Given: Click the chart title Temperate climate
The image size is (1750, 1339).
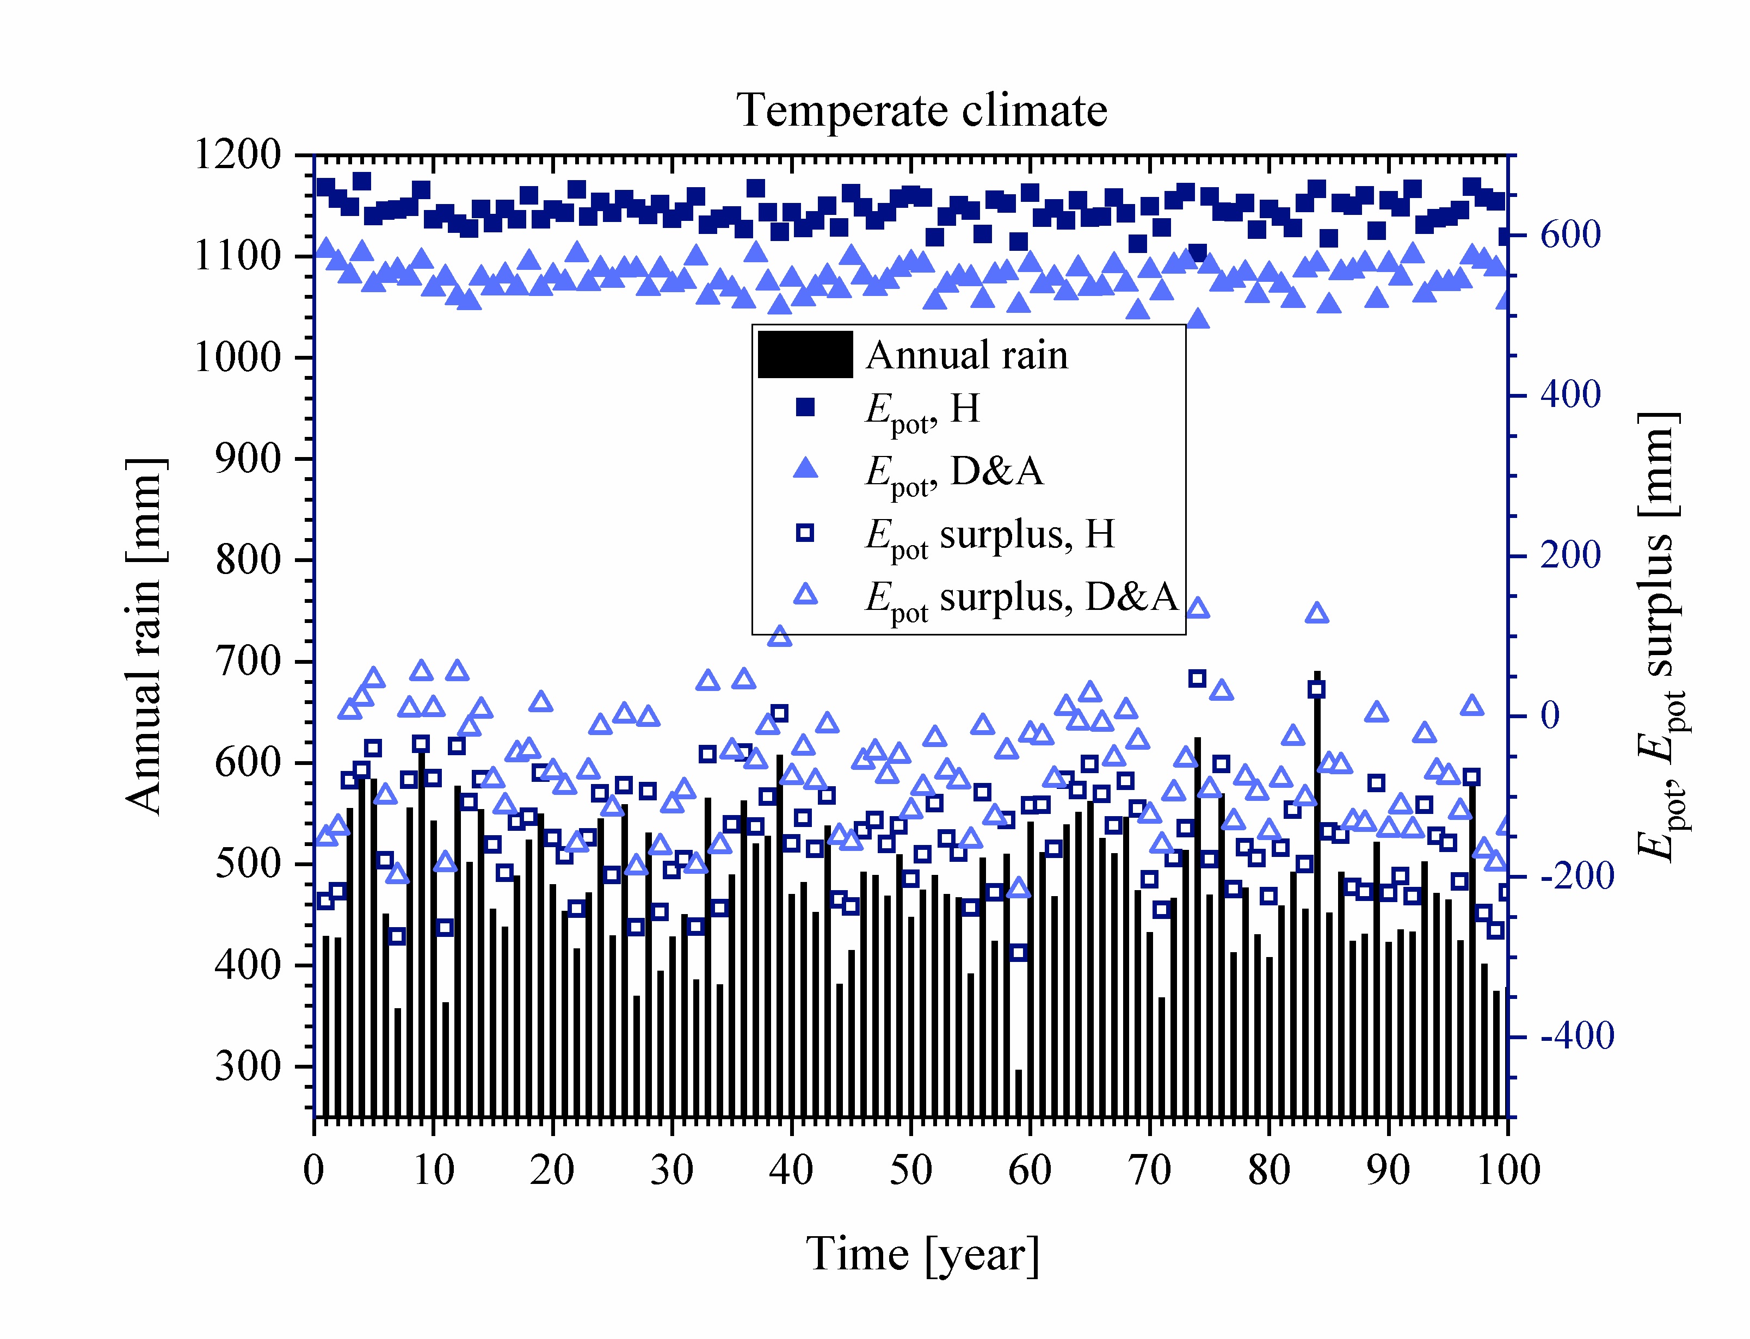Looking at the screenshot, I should coord(921,110).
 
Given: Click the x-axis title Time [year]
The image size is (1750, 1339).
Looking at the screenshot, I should coord(922,1253).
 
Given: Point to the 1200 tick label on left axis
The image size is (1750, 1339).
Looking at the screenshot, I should coord(237,154).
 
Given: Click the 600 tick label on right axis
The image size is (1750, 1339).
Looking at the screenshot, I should coord(1570,235).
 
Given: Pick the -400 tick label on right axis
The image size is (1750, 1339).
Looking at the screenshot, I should coord(1577,1036).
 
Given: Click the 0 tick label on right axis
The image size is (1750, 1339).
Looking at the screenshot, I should coord(1550,715).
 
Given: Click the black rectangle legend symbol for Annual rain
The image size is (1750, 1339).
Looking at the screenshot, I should coord(805,355).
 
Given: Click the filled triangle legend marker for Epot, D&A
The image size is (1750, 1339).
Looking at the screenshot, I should coord(806,468).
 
